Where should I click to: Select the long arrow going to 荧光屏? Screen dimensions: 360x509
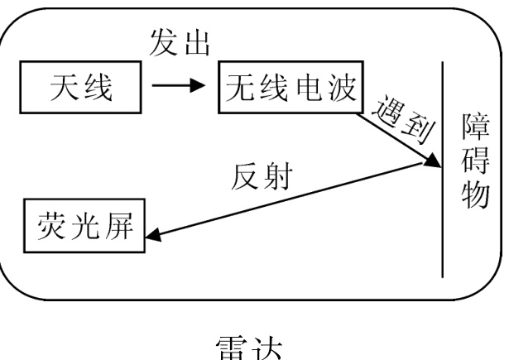click(290, 203)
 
